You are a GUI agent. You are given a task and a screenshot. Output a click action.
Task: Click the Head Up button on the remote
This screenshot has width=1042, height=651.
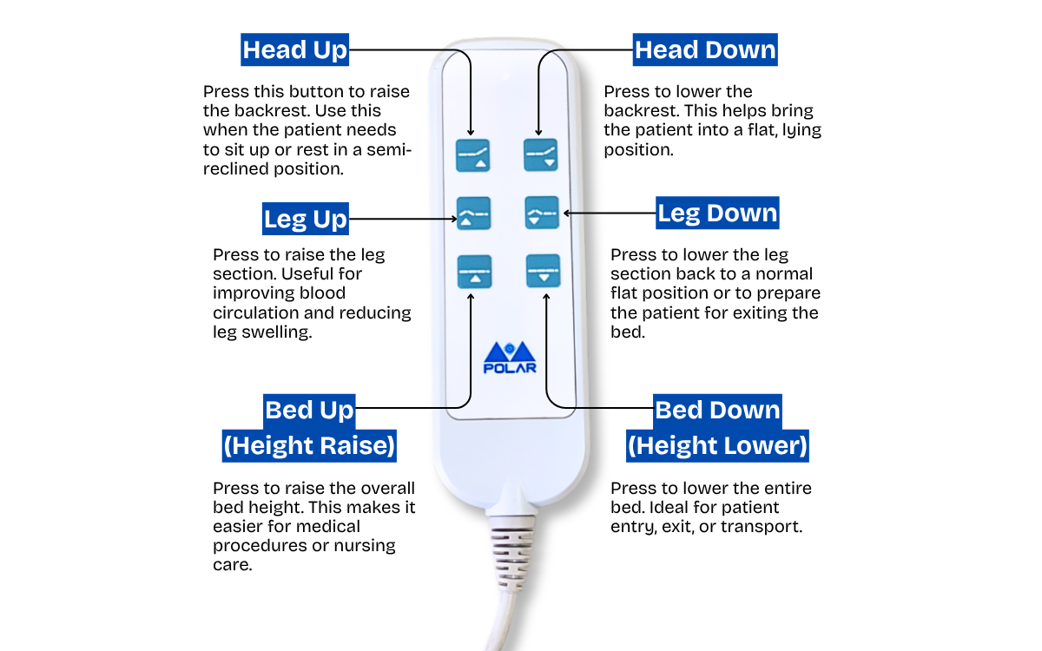(x=474, y=155)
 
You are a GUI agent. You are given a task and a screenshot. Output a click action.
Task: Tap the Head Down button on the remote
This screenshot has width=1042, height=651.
(x=541, y=155)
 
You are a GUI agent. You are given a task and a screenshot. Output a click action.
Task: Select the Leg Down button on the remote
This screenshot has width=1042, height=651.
(x=541, y=213)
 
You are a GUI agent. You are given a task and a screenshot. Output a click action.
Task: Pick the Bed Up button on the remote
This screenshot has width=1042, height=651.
(x=474, y=270)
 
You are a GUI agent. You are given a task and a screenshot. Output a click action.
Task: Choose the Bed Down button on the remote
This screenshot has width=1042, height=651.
(x=544, y=270)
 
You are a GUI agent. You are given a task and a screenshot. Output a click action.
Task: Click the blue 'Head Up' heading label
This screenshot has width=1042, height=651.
(x=295, y=49)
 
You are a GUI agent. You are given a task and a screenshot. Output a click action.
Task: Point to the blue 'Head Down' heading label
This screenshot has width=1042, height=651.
(x=705, y=49)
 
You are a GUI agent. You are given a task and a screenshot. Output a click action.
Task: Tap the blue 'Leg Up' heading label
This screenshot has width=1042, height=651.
(x=306, y=218)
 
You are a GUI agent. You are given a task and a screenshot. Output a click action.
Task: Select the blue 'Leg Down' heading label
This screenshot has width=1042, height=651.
(x=717, y=213)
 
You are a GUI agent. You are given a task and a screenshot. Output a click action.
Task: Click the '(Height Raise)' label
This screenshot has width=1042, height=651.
(x=309, y=446)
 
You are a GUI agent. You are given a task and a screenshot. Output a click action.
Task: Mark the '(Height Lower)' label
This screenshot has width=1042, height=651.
(x=717, y=446)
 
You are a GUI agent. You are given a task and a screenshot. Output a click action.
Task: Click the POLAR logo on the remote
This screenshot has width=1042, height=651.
(x=510, y=357)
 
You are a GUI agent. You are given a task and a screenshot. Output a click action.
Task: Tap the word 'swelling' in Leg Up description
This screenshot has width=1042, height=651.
(x=277, y=332)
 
